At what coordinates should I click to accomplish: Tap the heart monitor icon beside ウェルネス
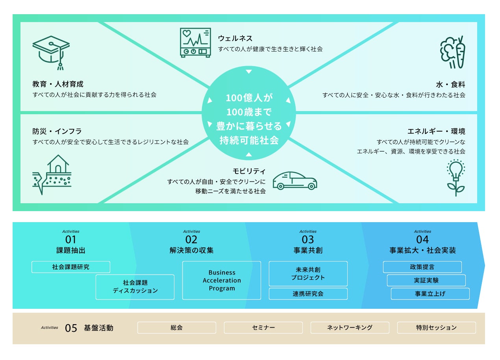point(195,43)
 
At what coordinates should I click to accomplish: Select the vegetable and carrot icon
point(452,52)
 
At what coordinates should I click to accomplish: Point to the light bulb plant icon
point(456,177)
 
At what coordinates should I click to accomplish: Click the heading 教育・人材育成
point(58,84)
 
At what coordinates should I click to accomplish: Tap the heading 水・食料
point(450,84)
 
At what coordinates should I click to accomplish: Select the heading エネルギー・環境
point(436,131)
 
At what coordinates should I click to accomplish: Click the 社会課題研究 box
point(71,267)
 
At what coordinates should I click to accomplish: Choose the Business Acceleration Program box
point(222,280)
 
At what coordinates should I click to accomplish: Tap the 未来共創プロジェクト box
point(308,274)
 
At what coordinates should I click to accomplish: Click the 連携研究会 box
point(308,294)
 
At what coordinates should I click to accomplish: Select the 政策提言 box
point(422,267)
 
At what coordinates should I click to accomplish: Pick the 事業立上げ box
point(430,294)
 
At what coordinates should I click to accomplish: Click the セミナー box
point(263,328)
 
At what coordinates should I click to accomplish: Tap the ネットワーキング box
point(350,328)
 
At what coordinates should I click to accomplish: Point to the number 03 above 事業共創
point(308,239)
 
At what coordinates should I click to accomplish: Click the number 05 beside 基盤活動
point(71,328)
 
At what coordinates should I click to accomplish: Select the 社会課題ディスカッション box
point(135,287)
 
